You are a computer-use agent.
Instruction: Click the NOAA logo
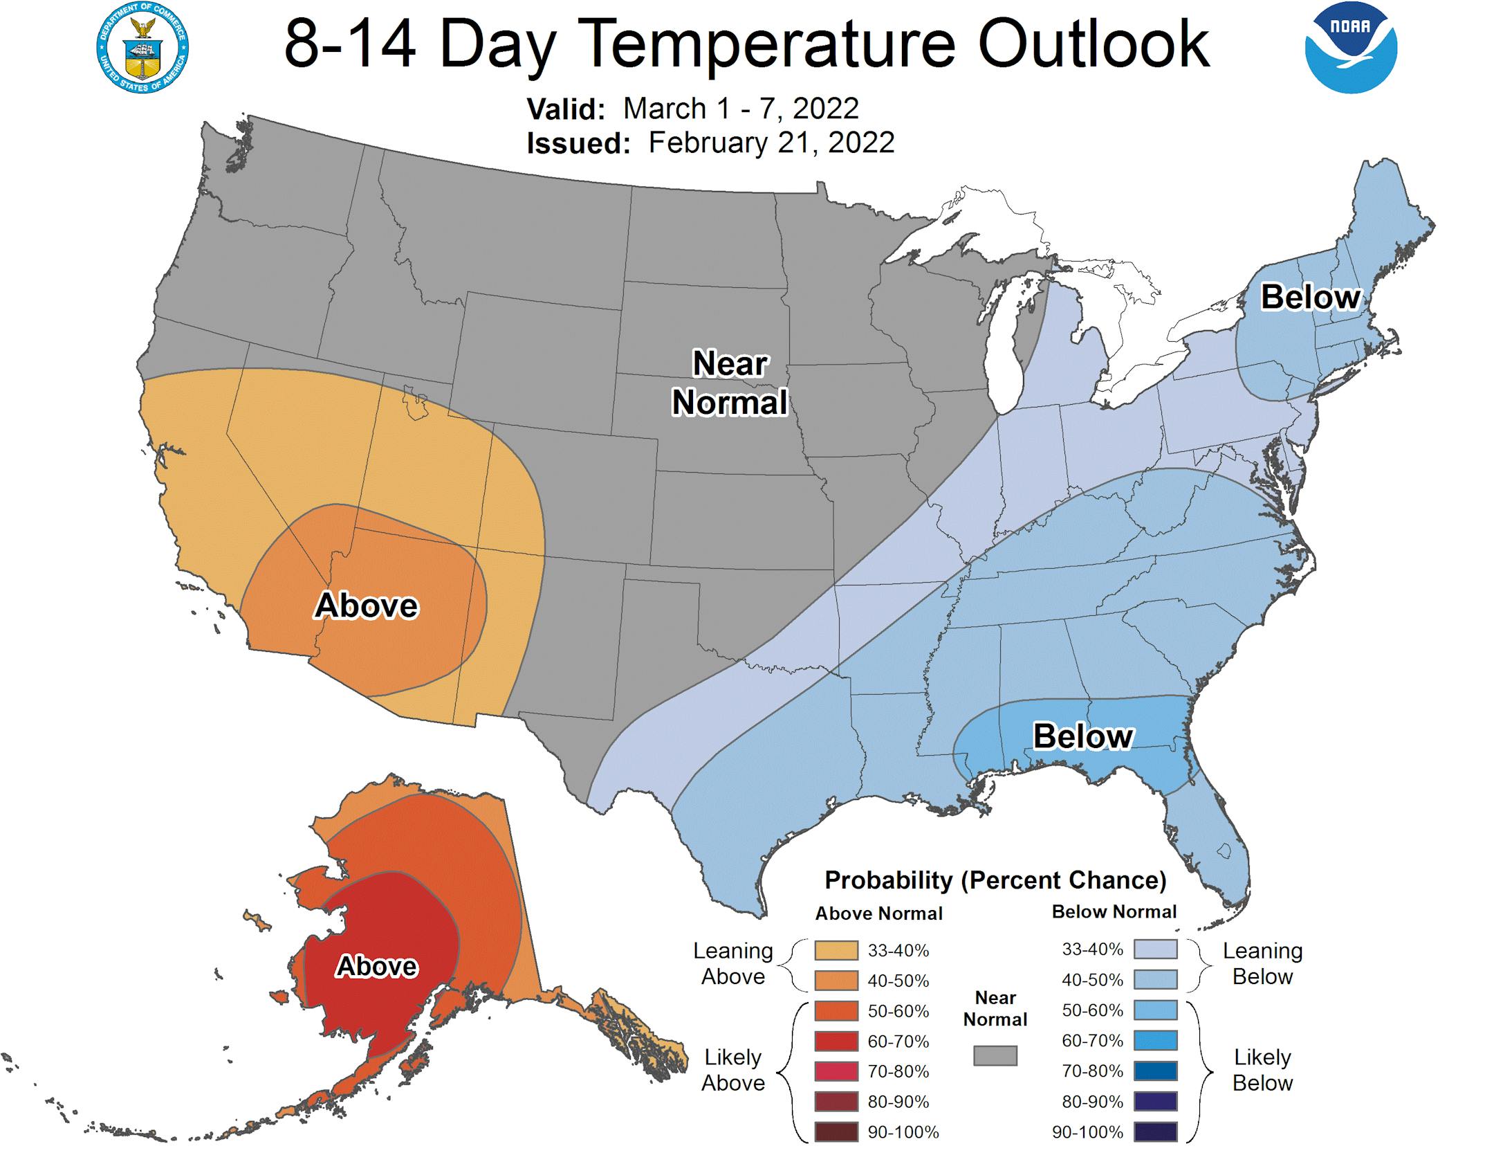point(1350,48)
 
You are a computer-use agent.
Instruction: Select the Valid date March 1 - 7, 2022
point(740,109)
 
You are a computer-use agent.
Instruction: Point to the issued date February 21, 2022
point(771,143)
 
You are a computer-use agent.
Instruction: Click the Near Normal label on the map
point(730,383)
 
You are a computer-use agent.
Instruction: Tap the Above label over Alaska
point(376,966)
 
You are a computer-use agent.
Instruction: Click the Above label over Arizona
point(366,606)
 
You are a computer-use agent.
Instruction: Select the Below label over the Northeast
point(1310,298)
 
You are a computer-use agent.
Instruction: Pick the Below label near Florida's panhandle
point(1082,736)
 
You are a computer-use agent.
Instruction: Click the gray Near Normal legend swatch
point(995,1055)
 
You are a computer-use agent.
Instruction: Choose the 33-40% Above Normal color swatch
point(836,950)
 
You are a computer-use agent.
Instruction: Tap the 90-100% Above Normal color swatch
point(836,1132)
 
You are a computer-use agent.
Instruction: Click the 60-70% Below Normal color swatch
point(1155,1040)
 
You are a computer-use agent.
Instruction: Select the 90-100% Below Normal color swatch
point(1155,1132)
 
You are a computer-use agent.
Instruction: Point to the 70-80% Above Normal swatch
point(836,1071)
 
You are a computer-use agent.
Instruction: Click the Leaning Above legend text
point(732,963)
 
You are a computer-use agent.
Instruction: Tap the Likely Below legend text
point(1262,1069)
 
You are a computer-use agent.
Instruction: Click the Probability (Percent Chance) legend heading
point(995,880)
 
